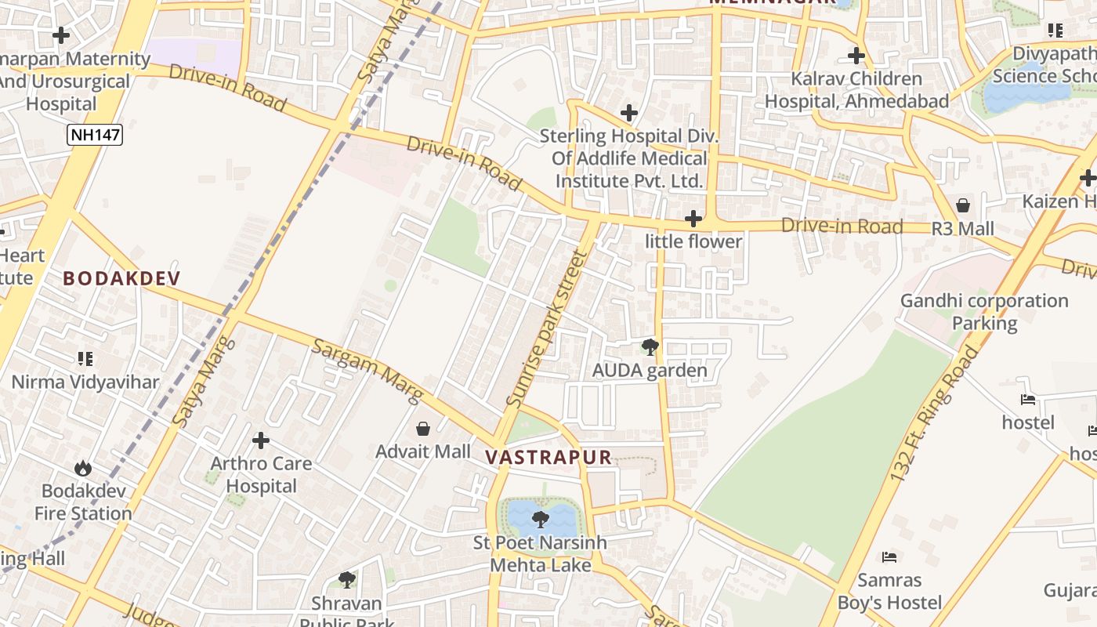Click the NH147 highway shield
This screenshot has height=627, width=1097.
[95, 135]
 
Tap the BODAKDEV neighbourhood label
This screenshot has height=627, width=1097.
[121, 278]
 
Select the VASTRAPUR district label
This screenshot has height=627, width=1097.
[548, 458]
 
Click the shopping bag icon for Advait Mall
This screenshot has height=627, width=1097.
[423, 429]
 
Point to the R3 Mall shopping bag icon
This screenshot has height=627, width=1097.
[963, 205]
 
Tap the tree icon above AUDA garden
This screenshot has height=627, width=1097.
[650, 347]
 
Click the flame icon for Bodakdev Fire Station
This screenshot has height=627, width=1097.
[83, 469]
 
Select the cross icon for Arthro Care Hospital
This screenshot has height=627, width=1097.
[261, 440]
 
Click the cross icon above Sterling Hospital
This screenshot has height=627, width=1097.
[628, 113]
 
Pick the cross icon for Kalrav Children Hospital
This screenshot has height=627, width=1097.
[856, 56]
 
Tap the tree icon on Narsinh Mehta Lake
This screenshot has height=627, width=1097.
[540, 519]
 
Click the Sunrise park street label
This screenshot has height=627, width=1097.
[547, 328]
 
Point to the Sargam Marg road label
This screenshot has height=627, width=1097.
[367, 371]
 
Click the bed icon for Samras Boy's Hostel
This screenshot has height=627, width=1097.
[889, 557]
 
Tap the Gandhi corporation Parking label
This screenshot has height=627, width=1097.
[984, 312]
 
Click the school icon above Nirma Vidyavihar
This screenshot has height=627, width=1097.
[85, 359]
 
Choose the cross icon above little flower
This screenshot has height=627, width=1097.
[693, 219]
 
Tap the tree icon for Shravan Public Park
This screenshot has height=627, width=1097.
[347, 580]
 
